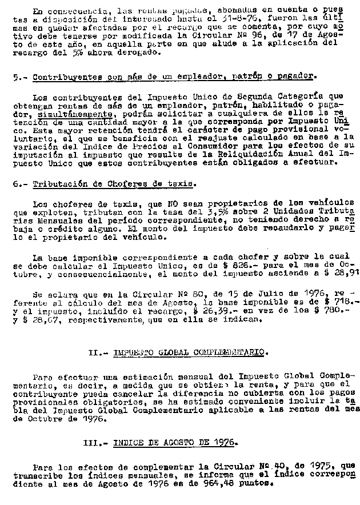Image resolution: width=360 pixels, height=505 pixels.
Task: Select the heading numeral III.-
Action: pos(95,443)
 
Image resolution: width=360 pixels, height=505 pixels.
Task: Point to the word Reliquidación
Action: pos(258,154)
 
